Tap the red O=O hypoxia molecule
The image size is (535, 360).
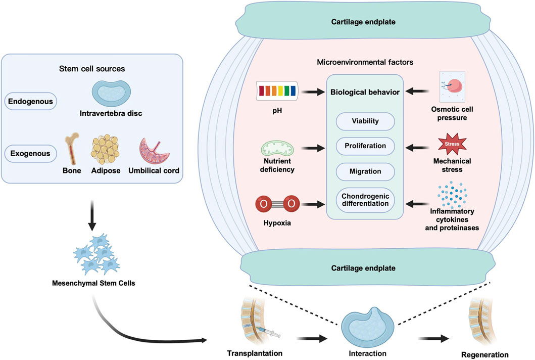[x=277, y=204]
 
